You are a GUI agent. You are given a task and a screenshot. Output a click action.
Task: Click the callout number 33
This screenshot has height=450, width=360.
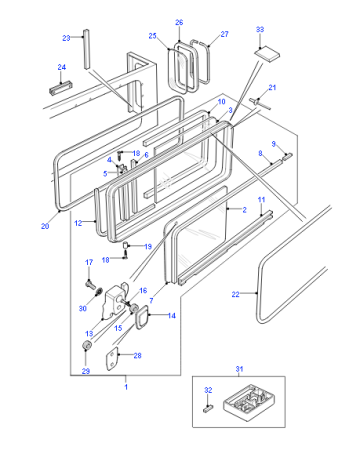[x=260, y=29]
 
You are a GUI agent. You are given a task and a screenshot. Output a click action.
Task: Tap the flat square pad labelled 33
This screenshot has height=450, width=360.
[x=267, y=53]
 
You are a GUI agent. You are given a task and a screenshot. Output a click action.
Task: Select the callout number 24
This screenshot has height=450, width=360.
[x=62, y=67]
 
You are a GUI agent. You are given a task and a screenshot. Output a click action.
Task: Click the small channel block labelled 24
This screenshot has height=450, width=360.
[x=61, y=88]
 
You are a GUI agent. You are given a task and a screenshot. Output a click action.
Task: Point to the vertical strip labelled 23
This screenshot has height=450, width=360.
[x=87, y=49]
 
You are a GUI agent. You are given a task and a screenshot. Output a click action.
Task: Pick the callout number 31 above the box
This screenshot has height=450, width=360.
[x=239, y=369]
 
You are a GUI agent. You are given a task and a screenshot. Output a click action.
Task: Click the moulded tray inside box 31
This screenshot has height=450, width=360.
[x=249, y=402]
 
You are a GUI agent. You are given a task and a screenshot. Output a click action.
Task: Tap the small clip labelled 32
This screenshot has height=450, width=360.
[x=208, y=408]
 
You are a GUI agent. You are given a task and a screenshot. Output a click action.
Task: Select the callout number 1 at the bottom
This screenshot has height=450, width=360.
[x=126, y=387]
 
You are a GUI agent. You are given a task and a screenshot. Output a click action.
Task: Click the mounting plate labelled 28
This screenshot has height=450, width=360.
[x=112, y=359]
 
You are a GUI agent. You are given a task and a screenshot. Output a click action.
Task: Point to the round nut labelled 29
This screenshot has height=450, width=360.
[x=86, y=346]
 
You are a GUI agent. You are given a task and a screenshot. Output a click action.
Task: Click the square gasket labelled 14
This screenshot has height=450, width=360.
[x=141, y=317]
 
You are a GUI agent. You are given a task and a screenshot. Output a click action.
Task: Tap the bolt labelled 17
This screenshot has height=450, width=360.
[x=90, y=285]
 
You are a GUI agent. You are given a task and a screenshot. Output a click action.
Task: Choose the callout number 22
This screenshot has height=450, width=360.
[x=235, y=294]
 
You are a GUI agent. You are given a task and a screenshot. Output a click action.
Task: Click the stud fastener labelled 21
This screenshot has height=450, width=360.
[x=260, y=102]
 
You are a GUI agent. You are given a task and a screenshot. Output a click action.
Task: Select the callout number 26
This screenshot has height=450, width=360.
[x=179, y=22]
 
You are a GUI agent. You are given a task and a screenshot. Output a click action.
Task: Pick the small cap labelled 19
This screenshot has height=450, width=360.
[x=126, y=245]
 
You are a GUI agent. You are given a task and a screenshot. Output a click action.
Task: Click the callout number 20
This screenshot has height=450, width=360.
[x=45, y=226]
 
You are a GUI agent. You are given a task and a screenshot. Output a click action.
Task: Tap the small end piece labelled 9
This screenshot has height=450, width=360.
[x=287, y=156]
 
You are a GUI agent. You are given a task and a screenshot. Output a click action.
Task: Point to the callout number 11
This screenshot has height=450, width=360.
[x=261, y=200]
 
